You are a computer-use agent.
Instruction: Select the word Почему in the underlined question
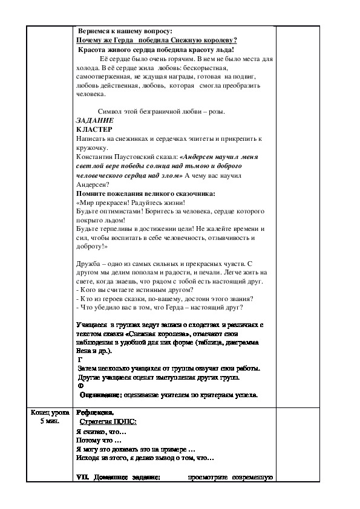coord(91,40)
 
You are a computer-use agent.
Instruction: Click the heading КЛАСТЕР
coord(95,129)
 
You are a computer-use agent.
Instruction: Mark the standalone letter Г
coord(80,359)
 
